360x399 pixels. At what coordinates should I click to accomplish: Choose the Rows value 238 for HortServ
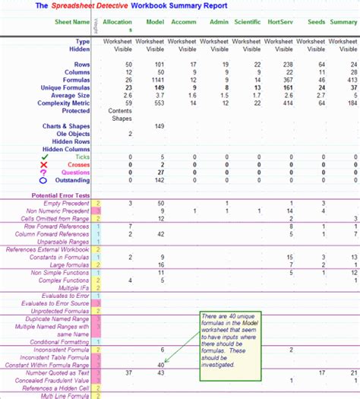coord(287,65)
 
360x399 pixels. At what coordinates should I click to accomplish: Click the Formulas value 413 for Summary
coord(352,79)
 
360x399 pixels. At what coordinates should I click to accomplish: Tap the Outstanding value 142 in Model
coord(158,181)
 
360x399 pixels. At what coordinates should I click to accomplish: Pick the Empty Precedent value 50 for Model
coord(159,204)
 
